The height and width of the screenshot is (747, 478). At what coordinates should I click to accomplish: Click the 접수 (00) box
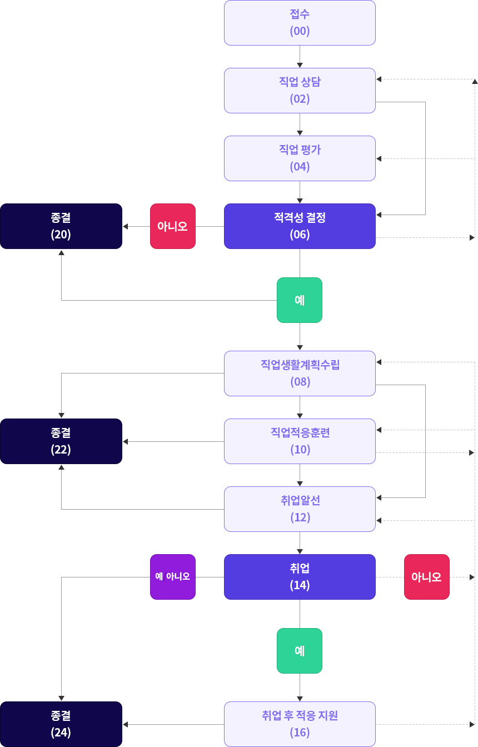tap(300, 23)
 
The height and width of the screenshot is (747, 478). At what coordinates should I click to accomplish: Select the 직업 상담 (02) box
tap(300, 91)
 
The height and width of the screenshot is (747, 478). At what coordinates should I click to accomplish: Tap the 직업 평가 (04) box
tap(300, 158)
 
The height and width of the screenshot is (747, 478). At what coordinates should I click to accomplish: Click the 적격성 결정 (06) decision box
tap(300, 226)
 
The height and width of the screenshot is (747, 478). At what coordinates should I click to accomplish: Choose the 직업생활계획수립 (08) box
tap(300, 373)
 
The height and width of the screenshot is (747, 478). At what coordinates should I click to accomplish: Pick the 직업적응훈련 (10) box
tap(300, 441)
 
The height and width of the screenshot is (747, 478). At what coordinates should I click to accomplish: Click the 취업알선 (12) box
tap(300, 509)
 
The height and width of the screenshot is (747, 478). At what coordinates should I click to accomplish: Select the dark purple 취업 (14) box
tap(300, 577)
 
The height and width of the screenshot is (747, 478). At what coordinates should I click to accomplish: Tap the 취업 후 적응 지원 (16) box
tap(300, 724)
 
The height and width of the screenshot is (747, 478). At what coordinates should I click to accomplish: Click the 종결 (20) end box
tap(61, 226)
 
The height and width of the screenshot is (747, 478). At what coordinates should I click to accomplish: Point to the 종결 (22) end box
tap(61, 441)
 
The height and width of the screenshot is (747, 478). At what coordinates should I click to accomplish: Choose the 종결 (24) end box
tap(61, 724)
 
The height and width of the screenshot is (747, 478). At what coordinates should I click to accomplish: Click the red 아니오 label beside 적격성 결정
tap(172, 226)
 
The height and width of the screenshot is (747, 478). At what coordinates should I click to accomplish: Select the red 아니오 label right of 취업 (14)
tap(426, 577)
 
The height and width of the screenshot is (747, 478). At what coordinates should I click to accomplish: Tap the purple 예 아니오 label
tap(172, 577)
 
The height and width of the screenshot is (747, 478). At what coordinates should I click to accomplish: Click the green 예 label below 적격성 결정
tap(300, 300)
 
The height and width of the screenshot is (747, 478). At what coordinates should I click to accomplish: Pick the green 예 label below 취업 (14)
tap(300, 651)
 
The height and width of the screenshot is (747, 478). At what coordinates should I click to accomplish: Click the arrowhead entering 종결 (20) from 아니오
tap(125, 226)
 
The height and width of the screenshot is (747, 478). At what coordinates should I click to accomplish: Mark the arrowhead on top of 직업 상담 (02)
tap(300, 64)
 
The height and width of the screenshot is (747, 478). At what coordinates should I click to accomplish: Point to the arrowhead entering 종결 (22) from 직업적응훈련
tap(125, 441)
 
